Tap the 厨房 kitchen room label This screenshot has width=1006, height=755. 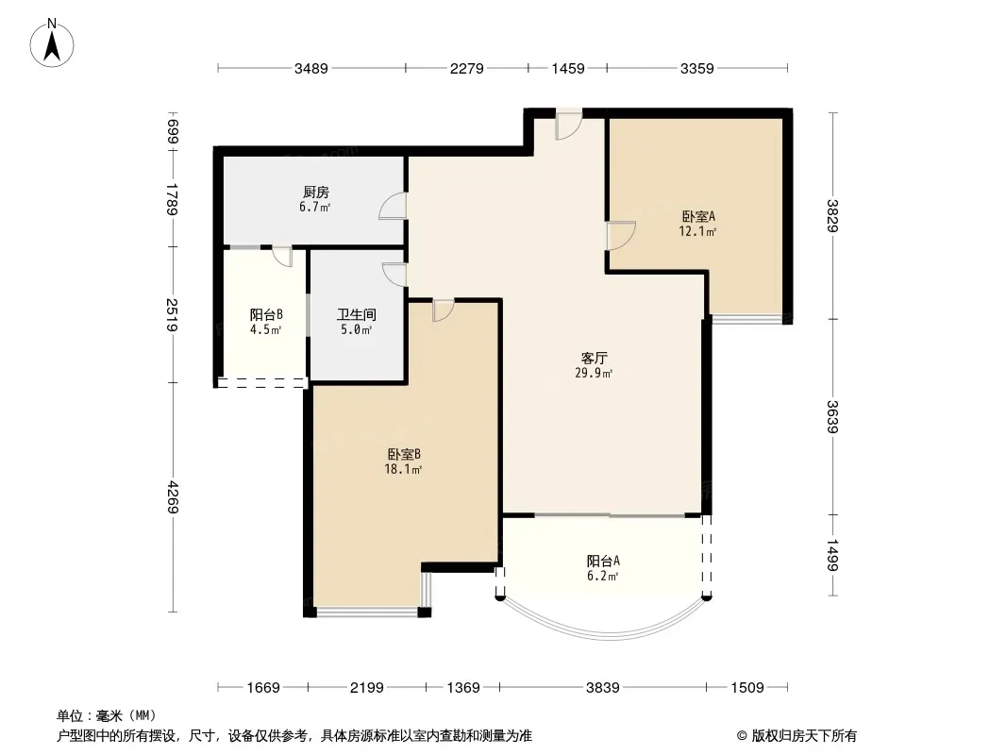[x=316, y=192]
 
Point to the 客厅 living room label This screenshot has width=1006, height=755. [x=594, y=358]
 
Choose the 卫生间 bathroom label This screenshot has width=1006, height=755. [x=357, y=314]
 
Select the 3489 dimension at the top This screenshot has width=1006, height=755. [x=311, y=68]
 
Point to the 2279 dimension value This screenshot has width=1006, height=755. [x=467, y=68]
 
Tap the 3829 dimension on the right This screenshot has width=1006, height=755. [x=832, y=215]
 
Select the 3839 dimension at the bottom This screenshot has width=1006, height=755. [x=602, y=688]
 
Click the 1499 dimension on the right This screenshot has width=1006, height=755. [x=832, y=554]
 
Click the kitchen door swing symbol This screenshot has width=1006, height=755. [x=394, y=207]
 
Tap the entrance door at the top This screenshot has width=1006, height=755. [x=568, y=126]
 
